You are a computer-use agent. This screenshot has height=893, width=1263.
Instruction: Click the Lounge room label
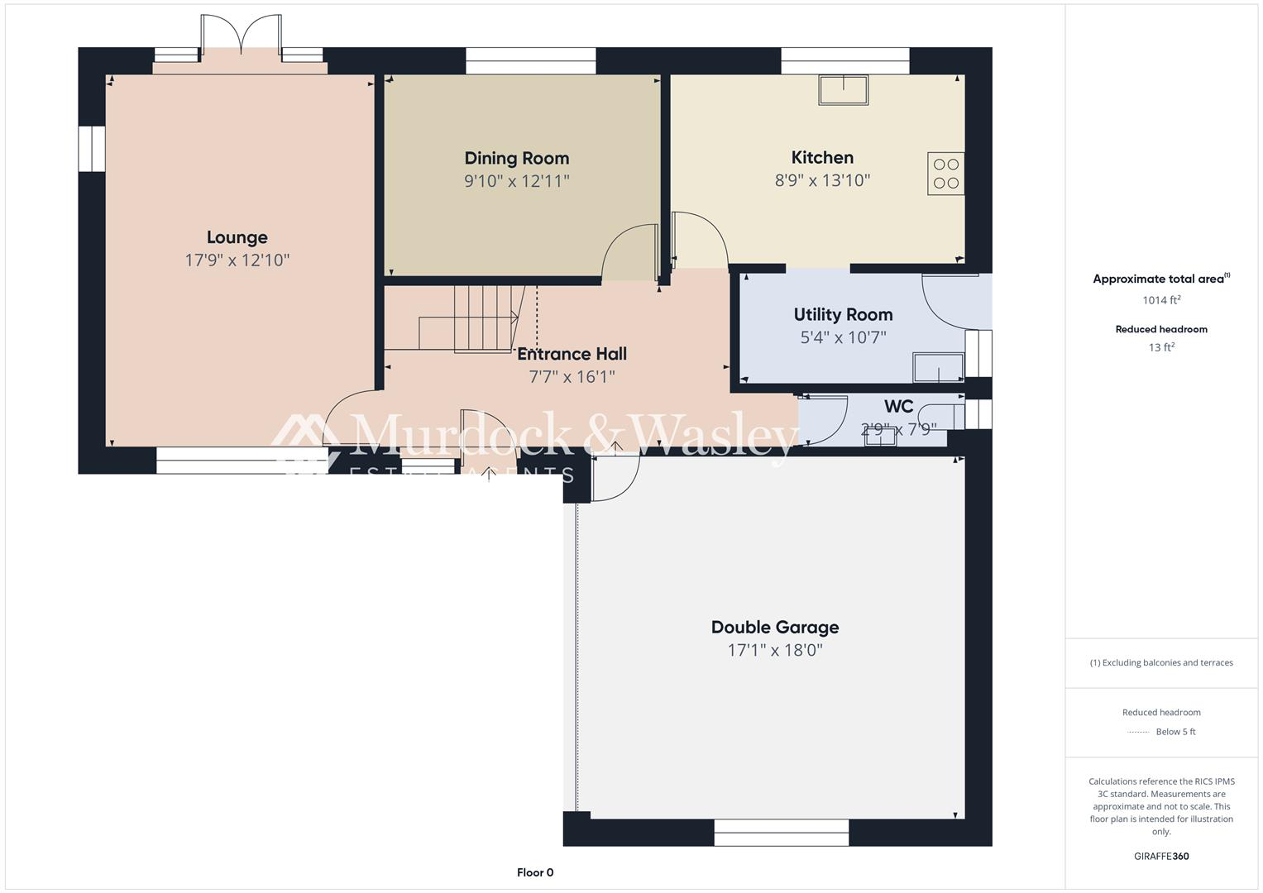[237, 238]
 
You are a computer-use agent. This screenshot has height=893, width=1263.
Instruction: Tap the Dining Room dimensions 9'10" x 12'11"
[517, 181]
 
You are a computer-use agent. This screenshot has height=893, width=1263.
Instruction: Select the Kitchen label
[822, 158]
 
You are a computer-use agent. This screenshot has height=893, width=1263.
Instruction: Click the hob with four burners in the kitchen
[945, 174]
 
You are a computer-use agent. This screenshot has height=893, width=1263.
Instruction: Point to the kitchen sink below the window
[843, 90]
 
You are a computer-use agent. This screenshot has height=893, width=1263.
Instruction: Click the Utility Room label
[843, 315]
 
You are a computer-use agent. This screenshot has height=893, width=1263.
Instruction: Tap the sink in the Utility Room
[938, 367]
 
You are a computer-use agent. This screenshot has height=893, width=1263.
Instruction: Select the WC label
[898, 407]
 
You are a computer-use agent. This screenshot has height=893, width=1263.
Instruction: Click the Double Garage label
[775, 628]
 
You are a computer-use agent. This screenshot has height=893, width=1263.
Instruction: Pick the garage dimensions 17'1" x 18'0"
[775, 651]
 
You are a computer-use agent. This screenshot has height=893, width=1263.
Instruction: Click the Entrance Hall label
[572, 354]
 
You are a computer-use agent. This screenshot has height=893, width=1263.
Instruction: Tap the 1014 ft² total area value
[1161, 300]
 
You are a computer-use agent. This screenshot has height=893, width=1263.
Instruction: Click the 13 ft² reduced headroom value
[1161, 347]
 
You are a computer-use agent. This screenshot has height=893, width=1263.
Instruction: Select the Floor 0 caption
[535, 872]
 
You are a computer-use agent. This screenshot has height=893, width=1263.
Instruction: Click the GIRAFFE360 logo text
[1161, 856]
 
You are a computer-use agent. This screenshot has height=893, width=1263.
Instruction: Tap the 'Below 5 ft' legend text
[1175, 732]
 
